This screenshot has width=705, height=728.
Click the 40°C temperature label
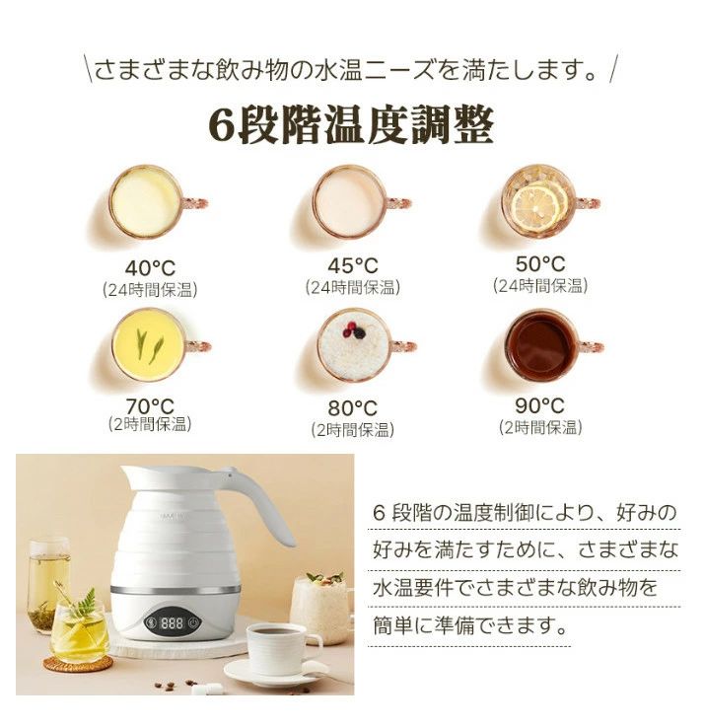click(150, 267)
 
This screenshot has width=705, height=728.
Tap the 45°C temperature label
click(352, 265)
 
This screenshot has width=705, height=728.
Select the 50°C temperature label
click(540, 263)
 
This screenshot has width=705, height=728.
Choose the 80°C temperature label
click(352, 407)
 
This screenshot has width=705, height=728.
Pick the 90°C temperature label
click(540, 405)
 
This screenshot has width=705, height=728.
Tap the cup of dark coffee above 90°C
click(540, 345)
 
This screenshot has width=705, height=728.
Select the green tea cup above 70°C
click(148, 344)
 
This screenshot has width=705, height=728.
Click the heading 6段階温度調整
click(351, 125)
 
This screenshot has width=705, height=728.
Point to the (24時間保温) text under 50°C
click(540, 286)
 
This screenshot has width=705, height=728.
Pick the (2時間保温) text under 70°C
click(150, 424)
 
